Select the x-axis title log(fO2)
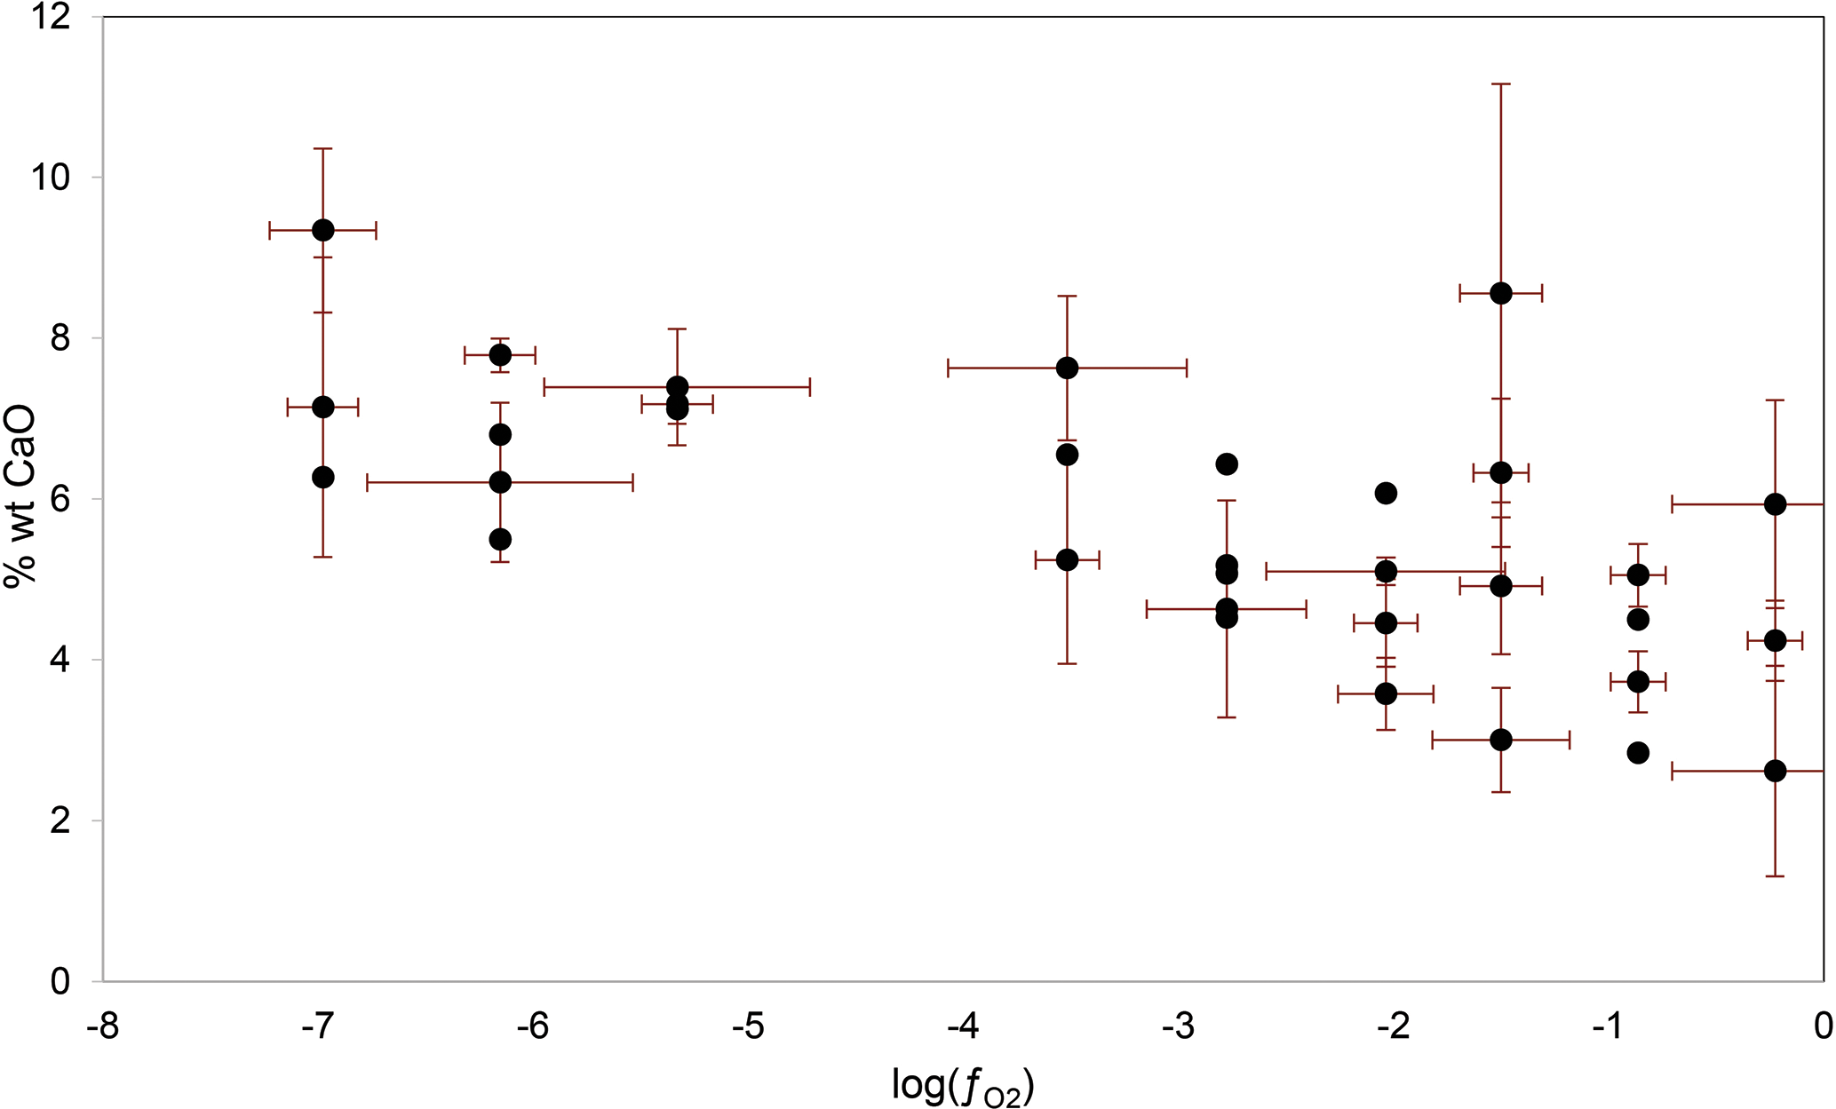click(963, 1085)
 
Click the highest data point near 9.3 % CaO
click(323, 230)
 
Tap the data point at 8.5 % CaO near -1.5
click(1501, 294)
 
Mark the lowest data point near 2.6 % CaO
click(1775, 771)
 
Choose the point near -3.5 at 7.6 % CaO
click(1068, 368)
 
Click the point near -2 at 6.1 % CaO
click(1386, 494)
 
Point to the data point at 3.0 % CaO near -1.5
click(1501, 740)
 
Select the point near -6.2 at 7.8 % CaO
click(500, 355)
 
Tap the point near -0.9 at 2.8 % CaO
click(1638, 753)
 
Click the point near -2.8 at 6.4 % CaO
click(1227, 464)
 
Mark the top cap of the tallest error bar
click(1501, 84)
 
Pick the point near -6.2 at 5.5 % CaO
click(500, 539)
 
